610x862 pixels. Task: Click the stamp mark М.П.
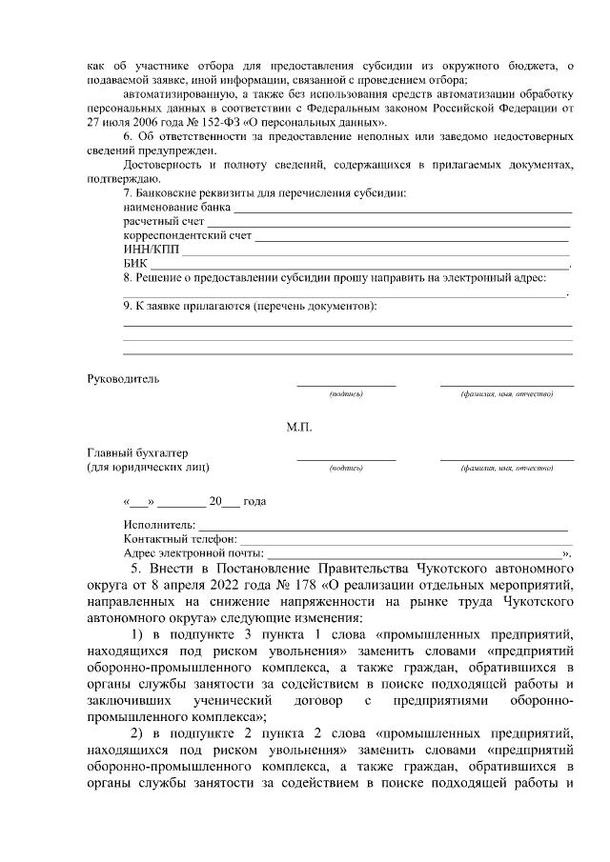[x=298, y=427]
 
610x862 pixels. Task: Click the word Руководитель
[x=124, y=378]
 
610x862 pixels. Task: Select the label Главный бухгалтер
[x=138, y=451]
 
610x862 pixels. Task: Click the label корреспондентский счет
[x=187, y=235]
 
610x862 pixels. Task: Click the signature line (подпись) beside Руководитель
[x=346, y=384]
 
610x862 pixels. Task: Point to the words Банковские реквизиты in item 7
[x=205, y=193]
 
